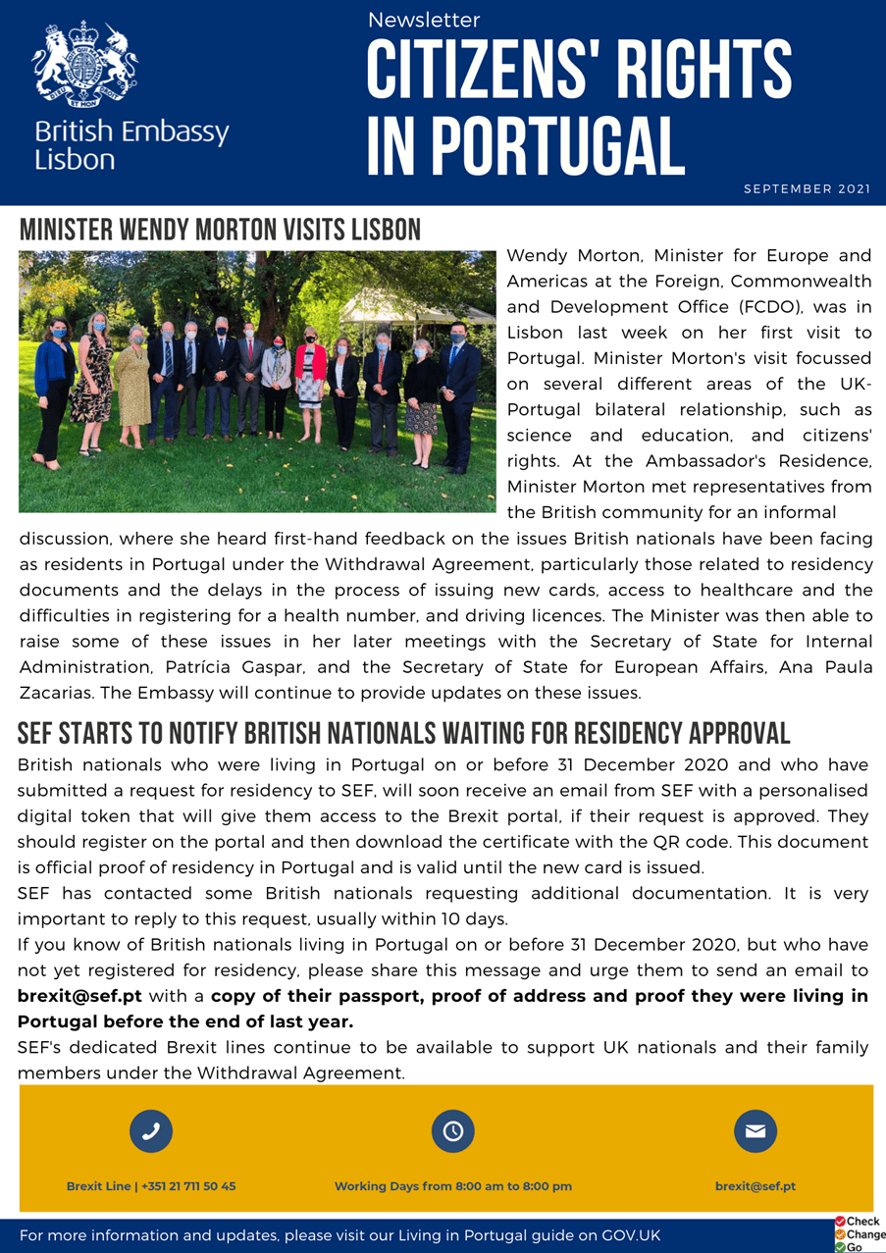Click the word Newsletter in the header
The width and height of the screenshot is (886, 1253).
click(424, 20)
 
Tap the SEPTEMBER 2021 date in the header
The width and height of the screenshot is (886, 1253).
click(807, 188)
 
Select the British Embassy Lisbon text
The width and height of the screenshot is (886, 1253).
click(131, 144)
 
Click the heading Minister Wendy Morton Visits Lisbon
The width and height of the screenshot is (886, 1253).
click(220, 230)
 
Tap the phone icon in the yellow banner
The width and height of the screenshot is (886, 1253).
click(151, 1131)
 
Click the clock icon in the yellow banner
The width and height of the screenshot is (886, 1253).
click(452, 1131)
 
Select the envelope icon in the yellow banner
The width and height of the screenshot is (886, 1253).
click(755, 1131)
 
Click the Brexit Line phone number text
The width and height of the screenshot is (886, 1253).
click(151, 1186)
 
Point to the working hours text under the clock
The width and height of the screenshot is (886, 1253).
click(452, 1186)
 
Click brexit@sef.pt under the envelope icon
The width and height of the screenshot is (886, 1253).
click(755, 1186)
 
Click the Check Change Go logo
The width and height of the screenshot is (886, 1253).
click(859, 1234)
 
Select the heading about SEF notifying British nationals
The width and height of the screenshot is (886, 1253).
click(403, 733)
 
